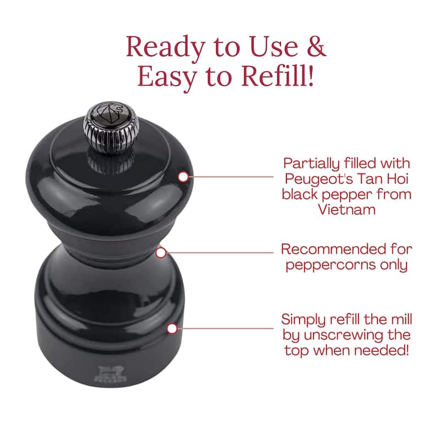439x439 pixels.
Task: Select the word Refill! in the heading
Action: click(278, 76)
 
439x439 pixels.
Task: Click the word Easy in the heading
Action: click(168, 77)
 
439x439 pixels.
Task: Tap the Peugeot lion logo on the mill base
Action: click(110, 373)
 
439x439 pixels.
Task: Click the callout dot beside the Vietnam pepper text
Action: click(183, 177)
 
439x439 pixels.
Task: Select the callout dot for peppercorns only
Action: click(161, 252)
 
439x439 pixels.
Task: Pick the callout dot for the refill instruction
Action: click(172, 328)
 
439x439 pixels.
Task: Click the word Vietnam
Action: click(347, 210)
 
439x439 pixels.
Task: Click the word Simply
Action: click(303, 320)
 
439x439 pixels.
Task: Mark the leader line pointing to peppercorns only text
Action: click(220, 252)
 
